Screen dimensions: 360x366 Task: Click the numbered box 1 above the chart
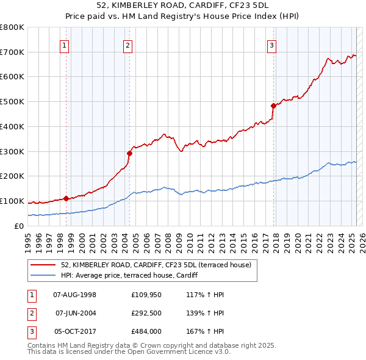click(65, 44)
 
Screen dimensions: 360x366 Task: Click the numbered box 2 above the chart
click(127, 44)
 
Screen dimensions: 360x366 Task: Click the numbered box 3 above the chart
click(271, 44)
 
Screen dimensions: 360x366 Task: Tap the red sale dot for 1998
click(66, 198)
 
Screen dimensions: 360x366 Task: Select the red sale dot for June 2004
click(129, 153)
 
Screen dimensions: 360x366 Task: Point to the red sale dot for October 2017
click(273, 106)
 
